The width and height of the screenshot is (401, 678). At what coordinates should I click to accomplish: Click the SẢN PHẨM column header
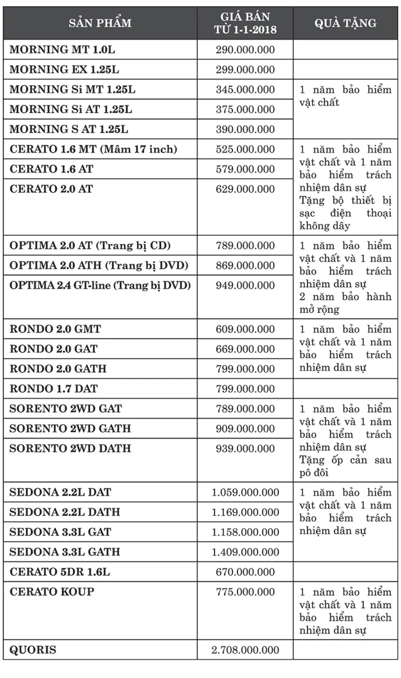tap(100, 23)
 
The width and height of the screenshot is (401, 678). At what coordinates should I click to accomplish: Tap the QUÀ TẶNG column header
tap(345, 23)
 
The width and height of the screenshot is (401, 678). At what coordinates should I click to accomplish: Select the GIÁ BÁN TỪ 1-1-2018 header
tap(245, 23)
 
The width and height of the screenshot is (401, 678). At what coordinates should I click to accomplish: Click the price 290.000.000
tap(245, 50)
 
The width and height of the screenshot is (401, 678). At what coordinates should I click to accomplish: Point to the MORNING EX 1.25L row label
tap(65, 70)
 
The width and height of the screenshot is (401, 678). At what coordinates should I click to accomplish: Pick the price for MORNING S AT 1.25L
tap(245, 129)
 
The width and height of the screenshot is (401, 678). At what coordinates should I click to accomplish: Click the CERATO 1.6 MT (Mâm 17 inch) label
tap(93, 149)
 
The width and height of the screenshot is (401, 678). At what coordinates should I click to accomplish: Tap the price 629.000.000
tap(245, 189)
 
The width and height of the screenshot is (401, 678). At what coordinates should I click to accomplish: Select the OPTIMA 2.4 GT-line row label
tap(100, 285)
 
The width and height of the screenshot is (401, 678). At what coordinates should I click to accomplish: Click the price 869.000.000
tap(245, 265)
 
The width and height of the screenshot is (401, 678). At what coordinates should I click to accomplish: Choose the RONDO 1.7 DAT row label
tap(54, 389)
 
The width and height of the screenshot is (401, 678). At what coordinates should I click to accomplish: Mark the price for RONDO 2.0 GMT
tap(245, 329)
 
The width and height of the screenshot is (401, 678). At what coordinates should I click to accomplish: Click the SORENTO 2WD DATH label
tap(70, 448)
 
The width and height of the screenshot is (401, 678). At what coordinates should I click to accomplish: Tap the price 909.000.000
tap(245, 429)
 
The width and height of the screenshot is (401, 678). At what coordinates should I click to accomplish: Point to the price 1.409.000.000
tap(245, 552)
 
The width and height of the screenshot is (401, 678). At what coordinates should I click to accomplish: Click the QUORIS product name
tap(33, 650)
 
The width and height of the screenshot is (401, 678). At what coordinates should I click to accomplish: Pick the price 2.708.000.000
tap(245, 650)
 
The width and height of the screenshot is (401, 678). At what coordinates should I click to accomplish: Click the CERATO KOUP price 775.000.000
tap(245, 592)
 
